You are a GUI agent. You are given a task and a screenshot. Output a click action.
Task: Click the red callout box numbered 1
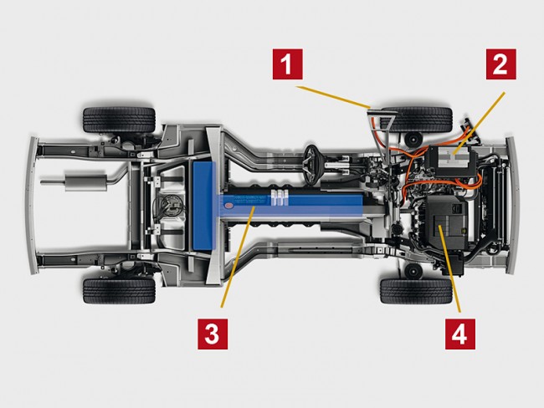tap(288, 64)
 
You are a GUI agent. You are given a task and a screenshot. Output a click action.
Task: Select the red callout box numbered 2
tap(501, 64)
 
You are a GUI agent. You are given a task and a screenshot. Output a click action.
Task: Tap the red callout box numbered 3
tap(213, 334)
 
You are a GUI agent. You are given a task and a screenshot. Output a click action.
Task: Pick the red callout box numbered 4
tap(460, 334)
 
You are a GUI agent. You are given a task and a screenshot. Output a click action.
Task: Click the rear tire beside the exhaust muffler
tap(119, 120)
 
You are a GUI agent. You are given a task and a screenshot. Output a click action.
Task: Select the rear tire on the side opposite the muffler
tap(119, 291)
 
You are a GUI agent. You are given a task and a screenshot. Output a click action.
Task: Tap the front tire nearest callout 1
tap(416, 120)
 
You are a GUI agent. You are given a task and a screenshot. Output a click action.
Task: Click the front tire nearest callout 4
tap(416, 291)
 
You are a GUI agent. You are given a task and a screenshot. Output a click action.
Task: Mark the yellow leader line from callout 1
tap(335, 97)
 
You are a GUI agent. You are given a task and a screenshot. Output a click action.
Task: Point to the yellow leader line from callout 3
tap(238, 257)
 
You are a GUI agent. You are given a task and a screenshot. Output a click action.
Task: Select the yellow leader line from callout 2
tap(480, 123)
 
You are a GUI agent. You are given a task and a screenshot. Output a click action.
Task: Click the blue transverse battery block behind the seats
tap(204, 206)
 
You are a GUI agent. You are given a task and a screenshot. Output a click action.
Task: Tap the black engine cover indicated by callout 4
tap(448, 222)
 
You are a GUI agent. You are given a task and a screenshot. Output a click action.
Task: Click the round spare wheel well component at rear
tap(170, 205)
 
